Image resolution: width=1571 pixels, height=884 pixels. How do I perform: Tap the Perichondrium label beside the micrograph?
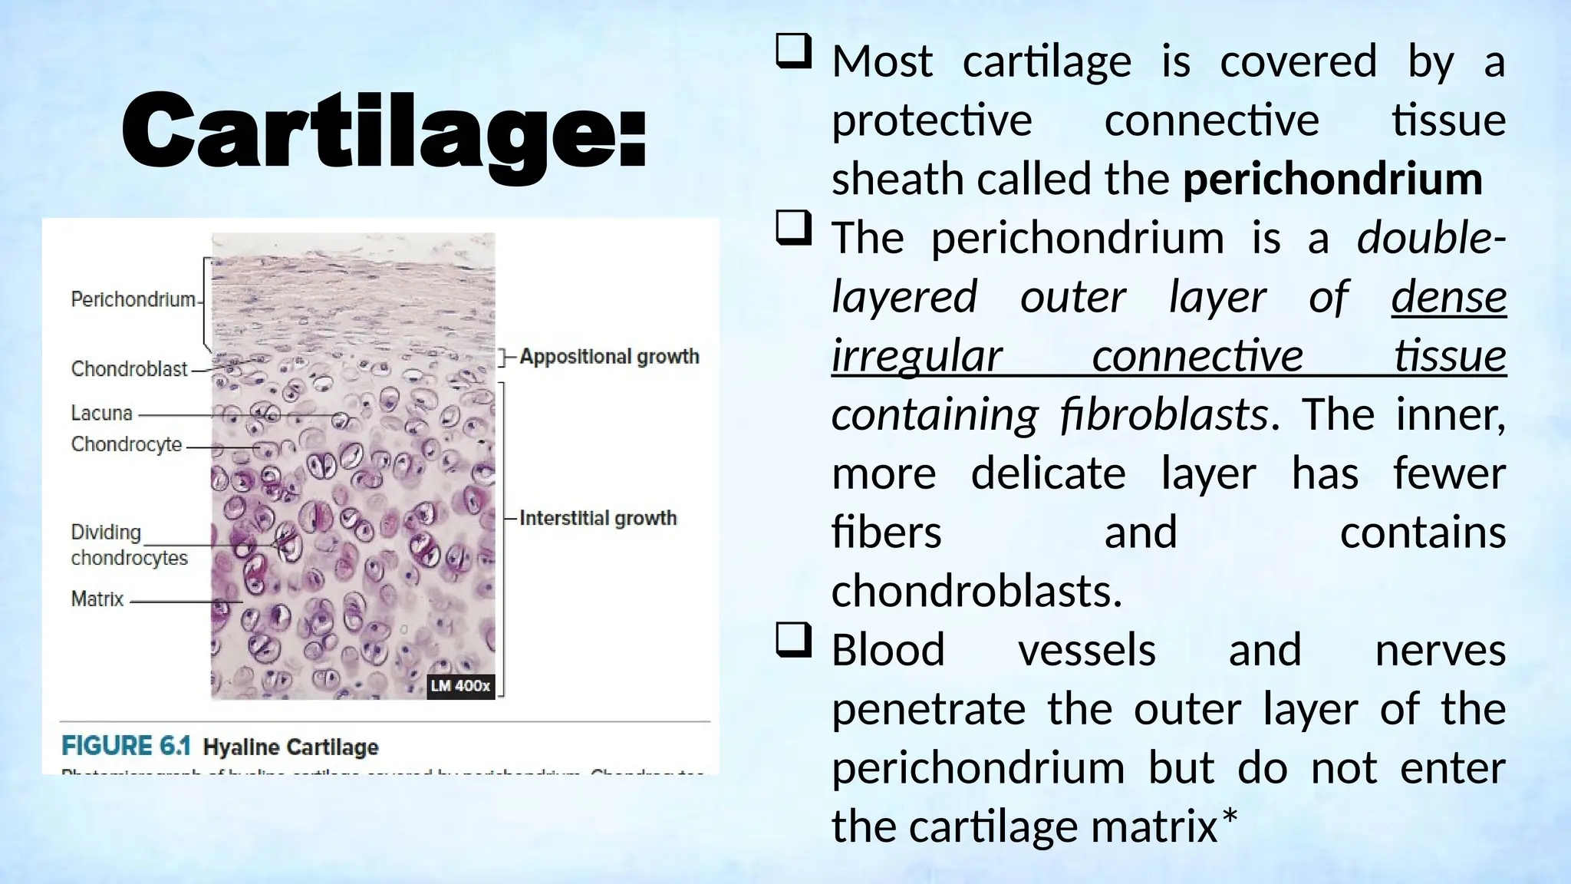[x=133, y=299]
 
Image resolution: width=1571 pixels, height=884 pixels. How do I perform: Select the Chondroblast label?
[x=129, y=369]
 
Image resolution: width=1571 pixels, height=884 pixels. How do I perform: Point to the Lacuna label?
[x=101, y=414]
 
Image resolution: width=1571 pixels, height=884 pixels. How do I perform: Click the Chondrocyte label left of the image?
[x=127, y=444]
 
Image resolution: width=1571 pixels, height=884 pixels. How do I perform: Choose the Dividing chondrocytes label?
[x=129, y=545]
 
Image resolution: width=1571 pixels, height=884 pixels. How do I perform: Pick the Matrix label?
[x=97, y=599]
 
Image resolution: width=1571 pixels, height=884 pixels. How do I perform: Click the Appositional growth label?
[x=609, y=357]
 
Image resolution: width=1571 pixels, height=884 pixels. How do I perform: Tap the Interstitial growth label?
[x=598, y=519]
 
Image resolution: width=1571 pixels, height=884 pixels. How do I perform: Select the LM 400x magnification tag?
[x=459, y=686]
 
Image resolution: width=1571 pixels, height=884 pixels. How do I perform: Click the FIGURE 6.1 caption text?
[x=126, y=747]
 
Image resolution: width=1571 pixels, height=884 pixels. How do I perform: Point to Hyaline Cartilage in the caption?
[x=291, y=747]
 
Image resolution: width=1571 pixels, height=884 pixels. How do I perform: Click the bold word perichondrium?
[x=1332, y=180]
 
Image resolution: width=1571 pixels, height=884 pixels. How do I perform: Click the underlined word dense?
[x=1448, y=298]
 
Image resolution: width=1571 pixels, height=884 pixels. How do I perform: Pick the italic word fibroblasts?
[x=1164, y=415]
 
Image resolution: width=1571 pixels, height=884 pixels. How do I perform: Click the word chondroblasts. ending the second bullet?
[x=977, y=592]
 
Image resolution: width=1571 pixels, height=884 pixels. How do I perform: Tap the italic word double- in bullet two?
[x=1431, y=238]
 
